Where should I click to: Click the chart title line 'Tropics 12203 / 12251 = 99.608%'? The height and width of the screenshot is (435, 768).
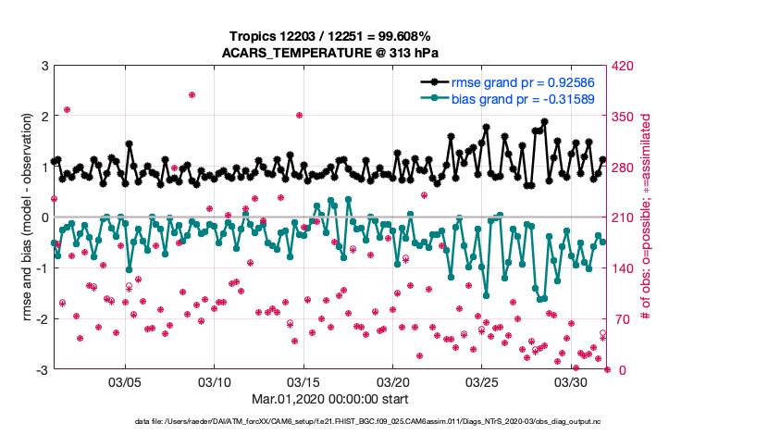[330, 36]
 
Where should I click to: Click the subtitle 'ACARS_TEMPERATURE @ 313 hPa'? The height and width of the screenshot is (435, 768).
[330, 53]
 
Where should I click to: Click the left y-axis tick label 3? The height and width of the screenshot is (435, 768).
[44, 66]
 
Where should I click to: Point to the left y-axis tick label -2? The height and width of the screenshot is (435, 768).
[42, 318]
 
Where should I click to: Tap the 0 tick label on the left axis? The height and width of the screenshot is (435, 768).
[44, 217]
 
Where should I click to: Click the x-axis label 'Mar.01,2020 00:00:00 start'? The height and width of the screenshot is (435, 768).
[330, 400]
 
